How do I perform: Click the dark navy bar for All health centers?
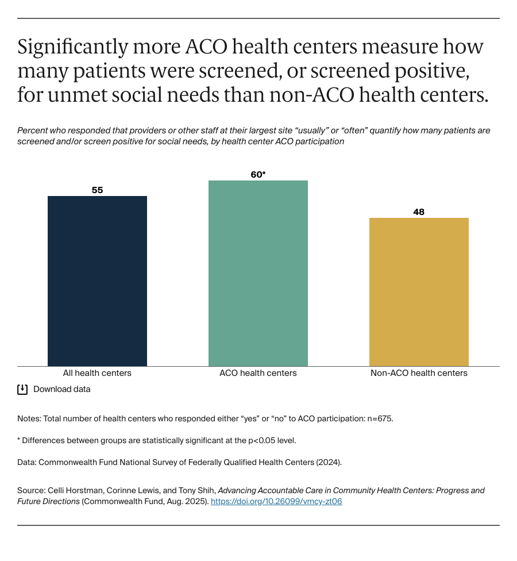97,281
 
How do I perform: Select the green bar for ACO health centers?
258,274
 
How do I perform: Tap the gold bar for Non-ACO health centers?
419,292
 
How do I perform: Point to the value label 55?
97,190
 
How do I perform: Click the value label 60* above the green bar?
258,174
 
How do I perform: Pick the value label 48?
419,212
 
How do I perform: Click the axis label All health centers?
97,373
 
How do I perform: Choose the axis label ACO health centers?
258,373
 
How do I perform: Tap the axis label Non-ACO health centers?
419,373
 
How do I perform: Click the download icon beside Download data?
22,389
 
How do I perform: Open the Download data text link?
62,389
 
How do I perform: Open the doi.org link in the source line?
276,502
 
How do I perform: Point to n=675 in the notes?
380,419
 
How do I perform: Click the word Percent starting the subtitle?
33,130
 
